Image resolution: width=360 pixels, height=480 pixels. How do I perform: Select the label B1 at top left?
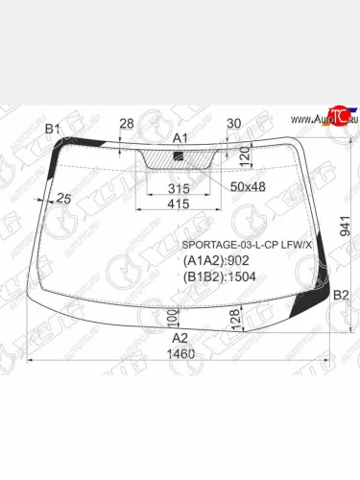coord(53,129)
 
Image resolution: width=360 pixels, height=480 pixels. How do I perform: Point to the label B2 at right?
coord(341,296)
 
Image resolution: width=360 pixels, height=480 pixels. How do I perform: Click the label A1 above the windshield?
coord(180,138)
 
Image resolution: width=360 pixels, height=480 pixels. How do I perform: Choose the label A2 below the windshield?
coord(180,338)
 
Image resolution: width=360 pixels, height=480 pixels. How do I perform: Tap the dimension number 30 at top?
coord(233,123)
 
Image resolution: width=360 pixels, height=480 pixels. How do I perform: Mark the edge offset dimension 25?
coord(64,199)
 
